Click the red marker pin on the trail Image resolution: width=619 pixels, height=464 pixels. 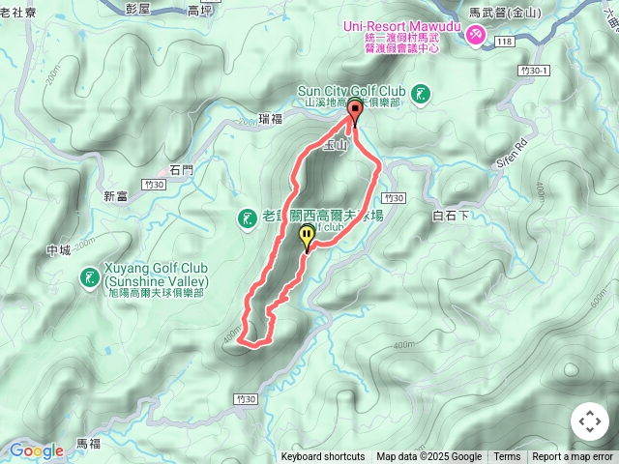[x=354, y=112]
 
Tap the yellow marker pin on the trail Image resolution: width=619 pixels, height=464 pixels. [x=308, y=236]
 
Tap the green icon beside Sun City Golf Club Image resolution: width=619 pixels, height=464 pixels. [x=421, y=94]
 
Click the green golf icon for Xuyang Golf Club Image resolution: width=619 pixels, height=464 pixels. [x=90, y=278]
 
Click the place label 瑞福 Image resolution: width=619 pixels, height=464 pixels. [x=272, y=119]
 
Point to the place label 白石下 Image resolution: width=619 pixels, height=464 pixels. [x=451, y=216]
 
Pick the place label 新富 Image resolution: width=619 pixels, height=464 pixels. [x=115, y=196]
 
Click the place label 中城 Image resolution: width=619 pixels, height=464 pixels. [x=58, y=251]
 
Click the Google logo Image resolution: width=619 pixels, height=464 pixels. [x=36, y=450]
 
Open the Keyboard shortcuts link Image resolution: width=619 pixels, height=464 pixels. [x=323, y=457]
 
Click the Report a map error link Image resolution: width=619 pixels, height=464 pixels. [x=573, y=457]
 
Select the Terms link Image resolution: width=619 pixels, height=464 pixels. [x=507, y=457]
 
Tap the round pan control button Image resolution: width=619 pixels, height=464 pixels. [x=589, y=421]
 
